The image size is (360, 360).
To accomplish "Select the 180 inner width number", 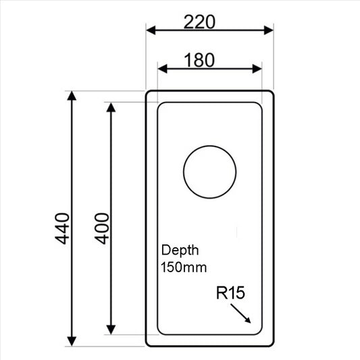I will tap(199, 59).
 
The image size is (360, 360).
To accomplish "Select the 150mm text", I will tap(183, 267).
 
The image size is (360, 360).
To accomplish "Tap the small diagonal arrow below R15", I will tap(241, 313).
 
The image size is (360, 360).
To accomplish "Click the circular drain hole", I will tap(209, 172).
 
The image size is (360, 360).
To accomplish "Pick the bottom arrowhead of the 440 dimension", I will tap(72, 340).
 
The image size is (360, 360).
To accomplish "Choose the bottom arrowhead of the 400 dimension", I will tap(111, 330).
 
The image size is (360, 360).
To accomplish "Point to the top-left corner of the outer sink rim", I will tap(149, 93).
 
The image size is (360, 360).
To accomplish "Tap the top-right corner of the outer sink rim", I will tap(270, 93).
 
